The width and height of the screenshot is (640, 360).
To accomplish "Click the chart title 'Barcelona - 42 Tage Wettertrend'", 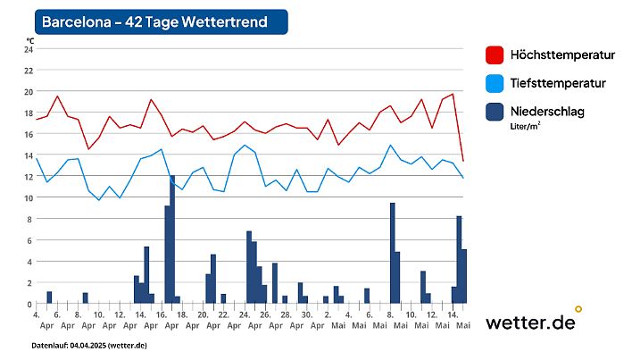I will pos(154,22).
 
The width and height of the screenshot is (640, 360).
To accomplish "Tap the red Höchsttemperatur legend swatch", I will pos(495,55).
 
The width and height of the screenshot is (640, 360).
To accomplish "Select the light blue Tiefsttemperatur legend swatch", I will pos(495,83).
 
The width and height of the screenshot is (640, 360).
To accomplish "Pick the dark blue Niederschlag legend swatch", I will pos(495,112).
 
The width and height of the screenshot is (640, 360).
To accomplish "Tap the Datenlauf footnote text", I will pos(89,345).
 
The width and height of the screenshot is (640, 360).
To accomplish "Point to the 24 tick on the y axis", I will pos(28,48).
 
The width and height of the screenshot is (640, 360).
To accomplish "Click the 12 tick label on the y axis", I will pos(28,176).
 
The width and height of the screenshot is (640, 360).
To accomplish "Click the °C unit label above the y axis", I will pos(29,40).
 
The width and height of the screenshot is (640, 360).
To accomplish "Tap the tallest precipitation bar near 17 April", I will pos(172,239).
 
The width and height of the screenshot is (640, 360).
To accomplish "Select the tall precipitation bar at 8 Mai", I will pos(392,254).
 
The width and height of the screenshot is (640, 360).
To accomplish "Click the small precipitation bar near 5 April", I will pos(49,297).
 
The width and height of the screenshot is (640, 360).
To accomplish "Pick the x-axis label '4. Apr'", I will pos(37,321).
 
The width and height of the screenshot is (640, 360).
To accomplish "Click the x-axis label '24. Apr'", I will pos(244,321).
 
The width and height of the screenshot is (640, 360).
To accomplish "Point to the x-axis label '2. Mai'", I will pos(327,321).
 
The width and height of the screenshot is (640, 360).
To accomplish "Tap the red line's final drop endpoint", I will pos(463,161).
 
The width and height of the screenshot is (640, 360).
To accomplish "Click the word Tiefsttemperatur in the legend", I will pos(558,83).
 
